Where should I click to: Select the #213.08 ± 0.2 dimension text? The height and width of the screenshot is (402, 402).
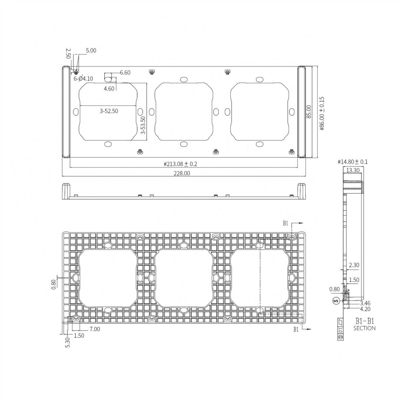[180, 164]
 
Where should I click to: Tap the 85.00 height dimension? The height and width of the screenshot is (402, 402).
[308, 112]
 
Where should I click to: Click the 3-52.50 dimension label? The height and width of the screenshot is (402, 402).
[109, 111]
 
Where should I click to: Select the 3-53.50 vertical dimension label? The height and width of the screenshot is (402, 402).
[143, 126]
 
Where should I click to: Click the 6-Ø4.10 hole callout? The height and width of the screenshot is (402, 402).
[83, 79]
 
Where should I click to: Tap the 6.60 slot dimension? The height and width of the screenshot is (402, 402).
[125, 72]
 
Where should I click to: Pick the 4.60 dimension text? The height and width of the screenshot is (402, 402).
[109, 89]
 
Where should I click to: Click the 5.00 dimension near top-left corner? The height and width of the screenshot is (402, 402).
[91, 50]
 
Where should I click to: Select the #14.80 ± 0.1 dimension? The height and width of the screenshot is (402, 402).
[353, 162]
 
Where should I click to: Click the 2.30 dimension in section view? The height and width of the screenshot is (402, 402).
[354, 266]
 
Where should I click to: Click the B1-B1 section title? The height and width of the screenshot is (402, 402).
[364, 321]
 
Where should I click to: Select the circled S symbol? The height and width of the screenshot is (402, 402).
[336, 300]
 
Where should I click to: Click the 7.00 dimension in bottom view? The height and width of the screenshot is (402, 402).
[95, 329]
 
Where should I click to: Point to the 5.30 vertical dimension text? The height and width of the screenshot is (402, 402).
[68, 342]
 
